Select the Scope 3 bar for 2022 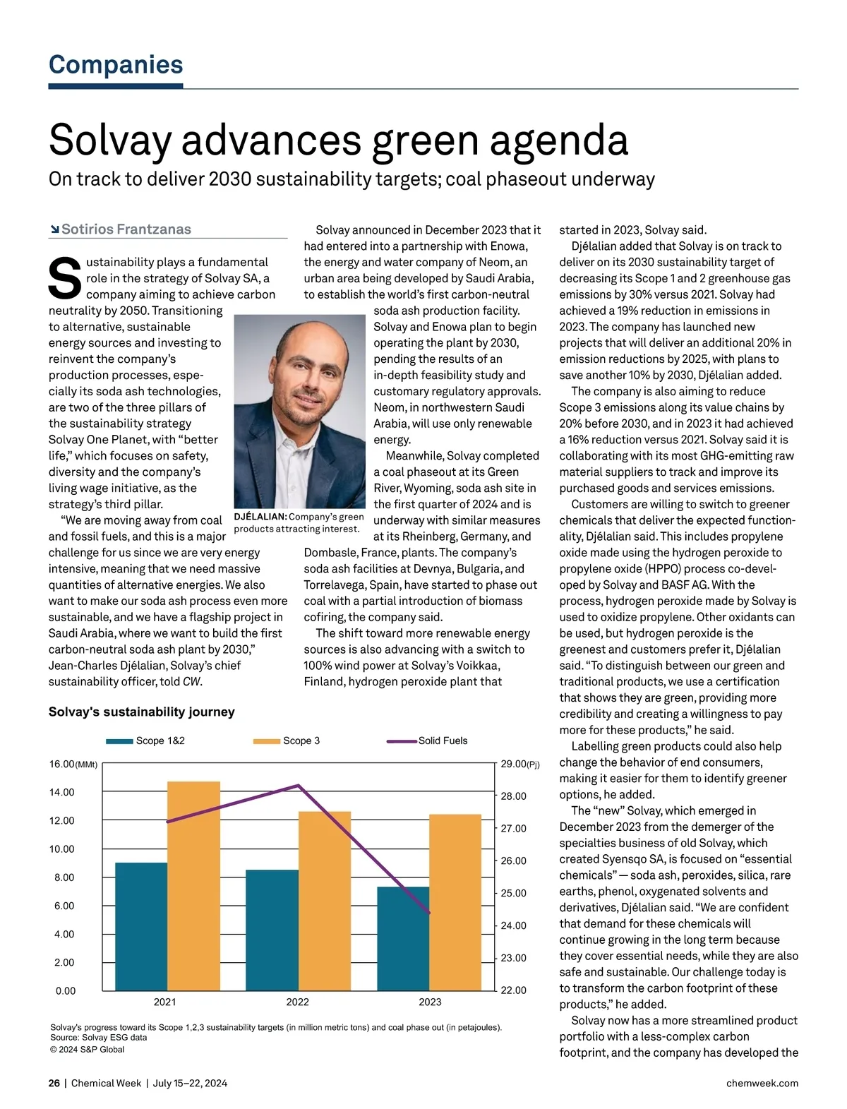[325, 901]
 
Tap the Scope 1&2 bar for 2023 [403, 938]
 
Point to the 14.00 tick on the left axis [61, 792]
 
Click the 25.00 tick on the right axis [513, 893]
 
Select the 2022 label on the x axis [297, 1002]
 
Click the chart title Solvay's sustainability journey [141, 712]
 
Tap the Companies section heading [116, 64]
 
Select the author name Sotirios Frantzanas [126, 229]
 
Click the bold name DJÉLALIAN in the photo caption [260, 517]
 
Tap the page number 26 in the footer [54, 1083]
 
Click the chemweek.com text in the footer [762, 1083]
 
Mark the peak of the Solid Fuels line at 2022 [299, 785]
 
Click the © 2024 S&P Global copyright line [87, 1049]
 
